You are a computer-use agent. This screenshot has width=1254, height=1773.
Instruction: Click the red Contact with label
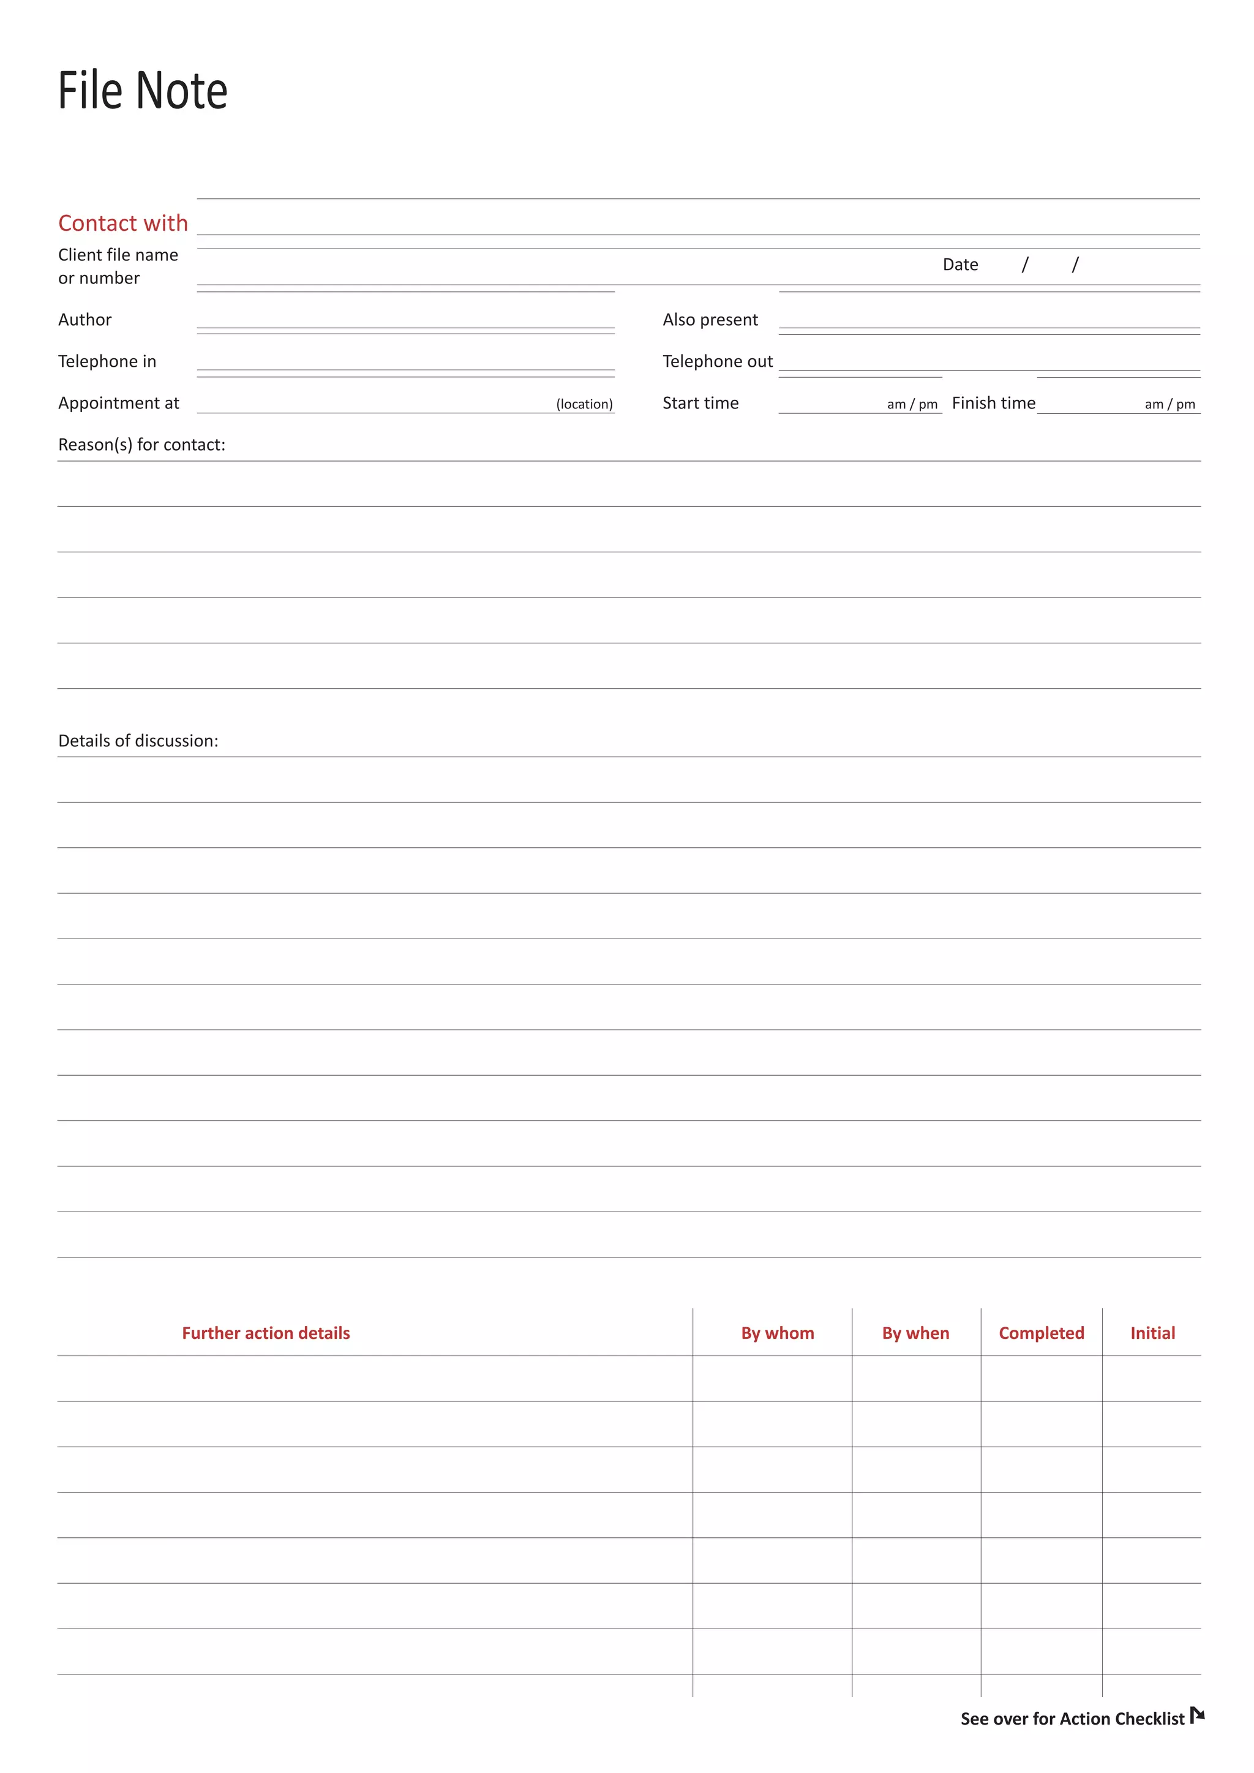[x=123, y=223]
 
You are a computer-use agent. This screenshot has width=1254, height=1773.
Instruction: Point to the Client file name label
[x=118, y=255]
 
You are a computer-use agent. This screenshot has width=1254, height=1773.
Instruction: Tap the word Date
[x=960, y=265]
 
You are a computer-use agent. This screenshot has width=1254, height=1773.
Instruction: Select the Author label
[x=85, y=320]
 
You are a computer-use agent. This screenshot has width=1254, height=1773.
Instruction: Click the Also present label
[x=710, y=320]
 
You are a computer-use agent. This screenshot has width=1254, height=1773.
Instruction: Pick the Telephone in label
[x=107, y=361]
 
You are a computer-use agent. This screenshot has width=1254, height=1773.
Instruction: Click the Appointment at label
[x=118, y=403]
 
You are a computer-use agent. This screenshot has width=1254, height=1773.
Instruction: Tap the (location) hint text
[x=584, y=405]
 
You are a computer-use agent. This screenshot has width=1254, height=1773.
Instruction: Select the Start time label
[x=700, y=403]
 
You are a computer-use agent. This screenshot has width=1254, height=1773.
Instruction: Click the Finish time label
[x=993, y=403]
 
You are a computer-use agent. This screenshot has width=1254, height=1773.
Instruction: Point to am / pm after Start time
[x=912, y=405]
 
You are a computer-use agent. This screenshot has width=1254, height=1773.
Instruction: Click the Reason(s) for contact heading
[x=141, y=445]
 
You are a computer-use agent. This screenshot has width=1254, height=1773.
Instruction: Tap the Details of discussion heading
[x=138, y=741]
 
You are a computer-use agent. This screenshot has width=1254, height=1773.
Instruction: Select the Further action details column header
[x=266, y=1333]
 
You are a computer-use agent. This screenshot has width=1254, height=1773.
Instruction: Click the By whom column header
[x=777, y=1333]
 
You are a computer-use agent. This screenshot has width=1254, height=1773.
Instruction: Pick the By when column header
[x=915, y=1333]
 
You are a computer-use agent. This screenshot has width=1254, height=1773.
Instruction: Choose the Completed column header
[x=1041, y=1333]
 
